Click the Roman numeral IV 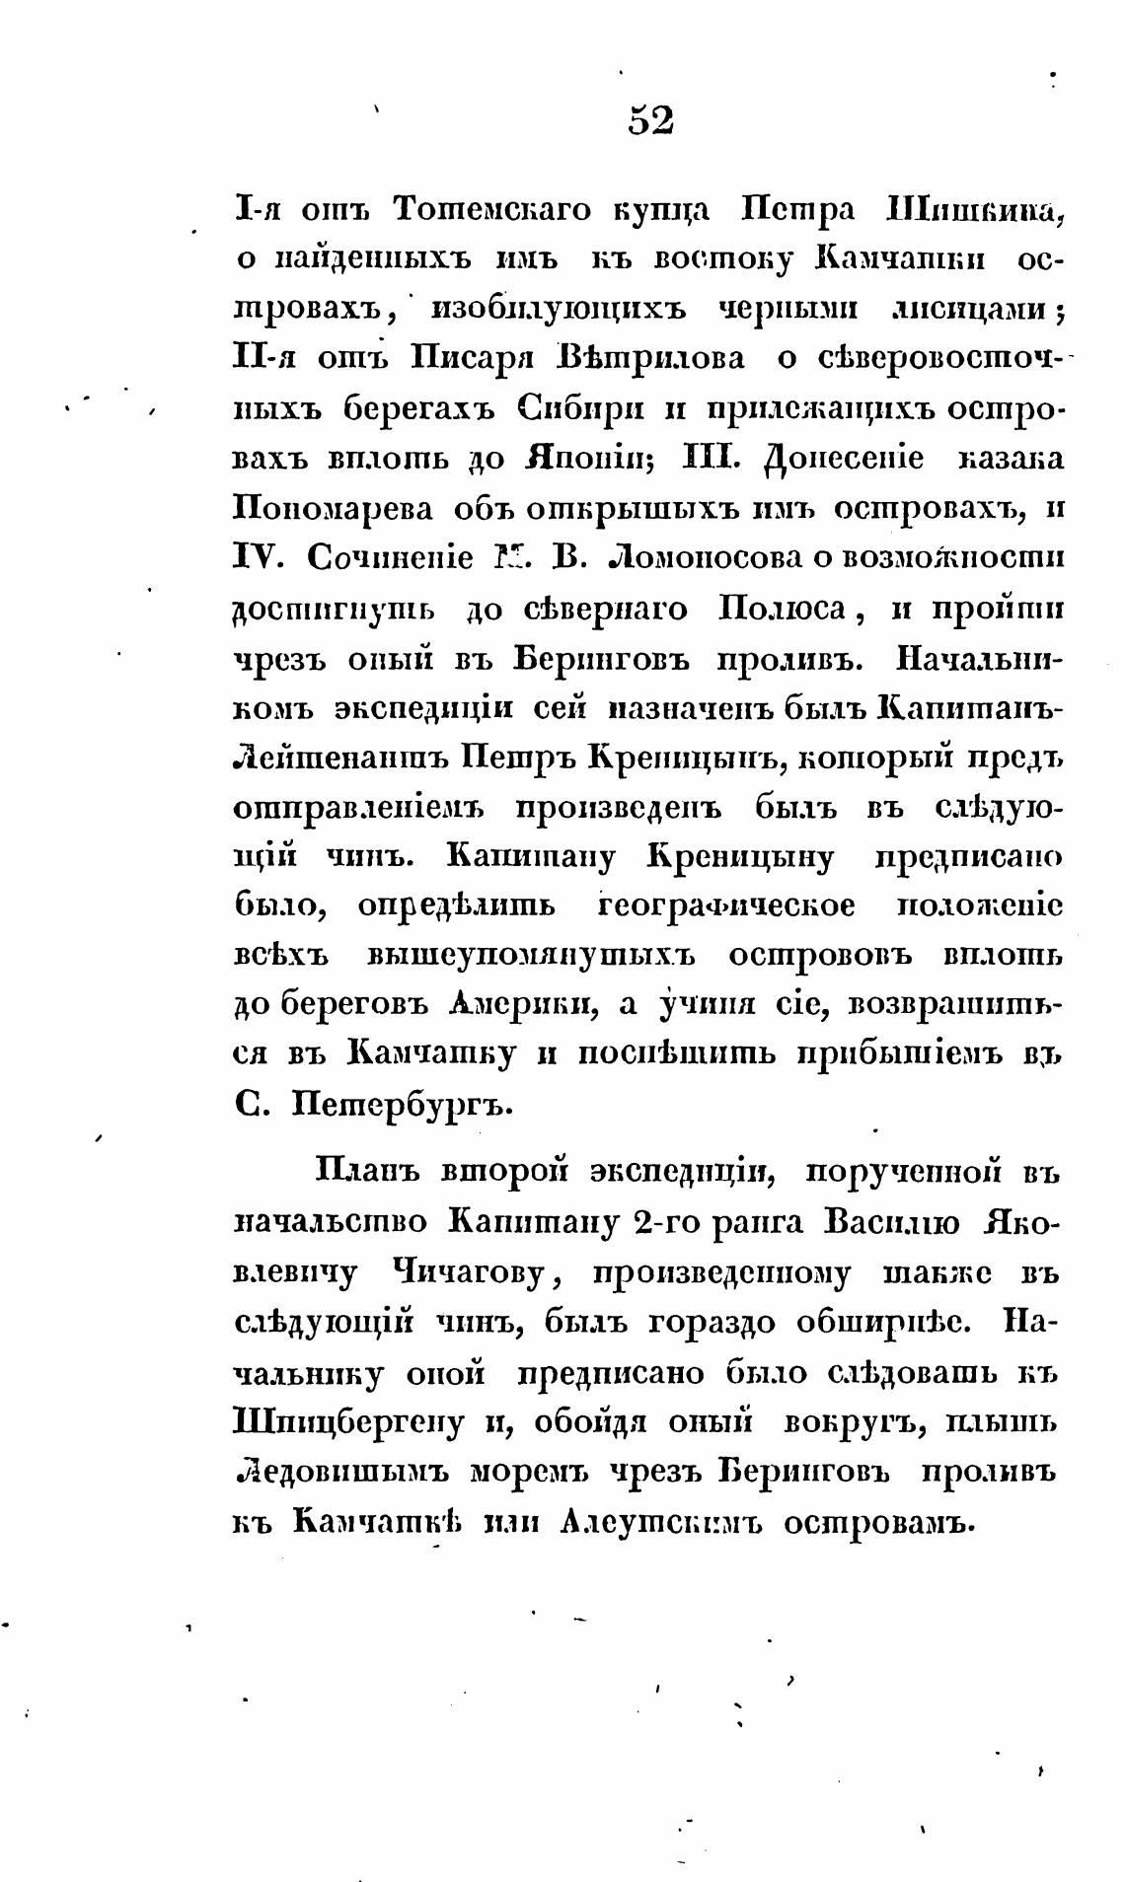point(259,558)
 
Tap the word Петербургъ point(404,1106)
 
